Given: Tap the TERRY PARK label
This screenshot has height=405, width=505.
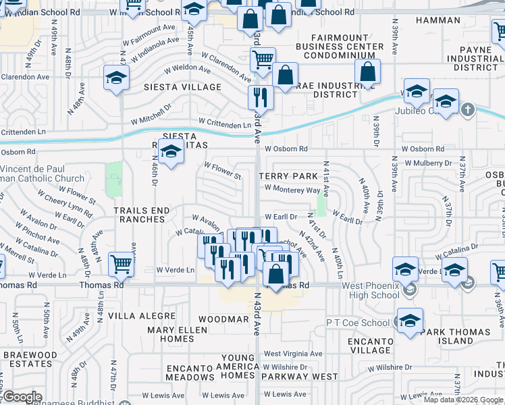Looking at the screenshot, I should point(288,175).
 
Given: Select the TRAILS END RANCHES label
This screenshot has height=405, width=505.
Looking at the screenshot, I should point(142,215).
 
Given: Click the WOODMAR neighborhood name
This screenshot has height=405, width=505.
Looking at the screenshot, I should point(224,318).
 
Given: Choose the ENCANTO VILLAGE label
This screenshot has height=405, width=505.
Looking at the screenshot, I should point(371,346).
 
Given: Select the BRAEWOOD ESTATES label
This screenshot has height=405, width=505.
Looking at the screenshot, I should point(29,358).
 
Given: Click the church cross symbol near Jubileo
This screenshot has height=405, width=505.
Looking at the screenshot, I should point(467,109).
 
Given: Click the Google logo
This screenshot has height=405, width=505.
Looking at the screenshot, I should point(22,397).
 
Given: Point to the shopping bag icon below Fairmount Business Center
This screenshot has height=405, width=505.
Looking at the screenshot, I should point(367,72).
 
